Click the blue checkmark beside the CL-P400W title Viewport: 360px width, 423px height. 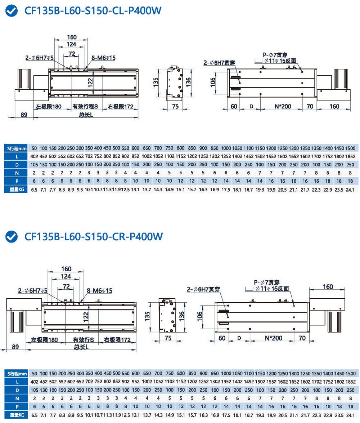click(12, 11)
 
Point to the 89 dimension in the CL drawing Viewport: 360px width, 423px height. click(24, 115)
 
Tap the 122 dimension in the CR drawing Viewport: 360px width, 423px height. click(86, 316)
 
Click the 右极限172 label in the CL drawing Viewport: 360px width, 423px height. click(120, 106)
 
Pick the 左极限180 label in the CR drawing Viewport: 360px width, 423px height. click(44, 339)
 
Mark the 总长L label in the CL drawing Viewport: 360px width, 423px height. click(86, 115)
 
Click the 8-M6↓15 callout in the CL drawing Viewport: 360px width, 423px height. click(103, 58)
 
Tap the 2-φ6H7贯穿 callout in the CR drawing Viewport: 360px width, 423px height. click(204, 289)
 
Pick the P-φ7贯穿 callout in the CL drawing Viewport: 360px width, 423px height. click(275, 55)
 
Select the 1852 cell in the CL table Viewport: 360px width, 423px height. click(350, 156)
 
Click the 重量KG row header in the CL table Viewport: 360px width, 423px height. click(16, 189)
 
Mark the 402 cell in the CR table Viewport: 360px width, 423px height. click(35, 382)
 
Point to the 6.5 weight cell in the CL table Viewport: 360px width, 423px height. click(35, 189)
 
